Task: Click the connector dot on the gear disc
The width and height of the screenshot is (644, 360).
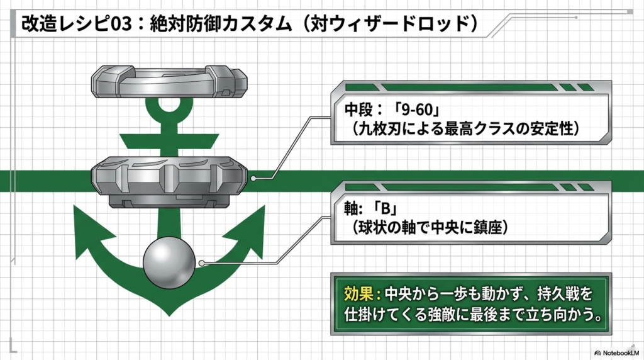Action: [253, 178]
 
